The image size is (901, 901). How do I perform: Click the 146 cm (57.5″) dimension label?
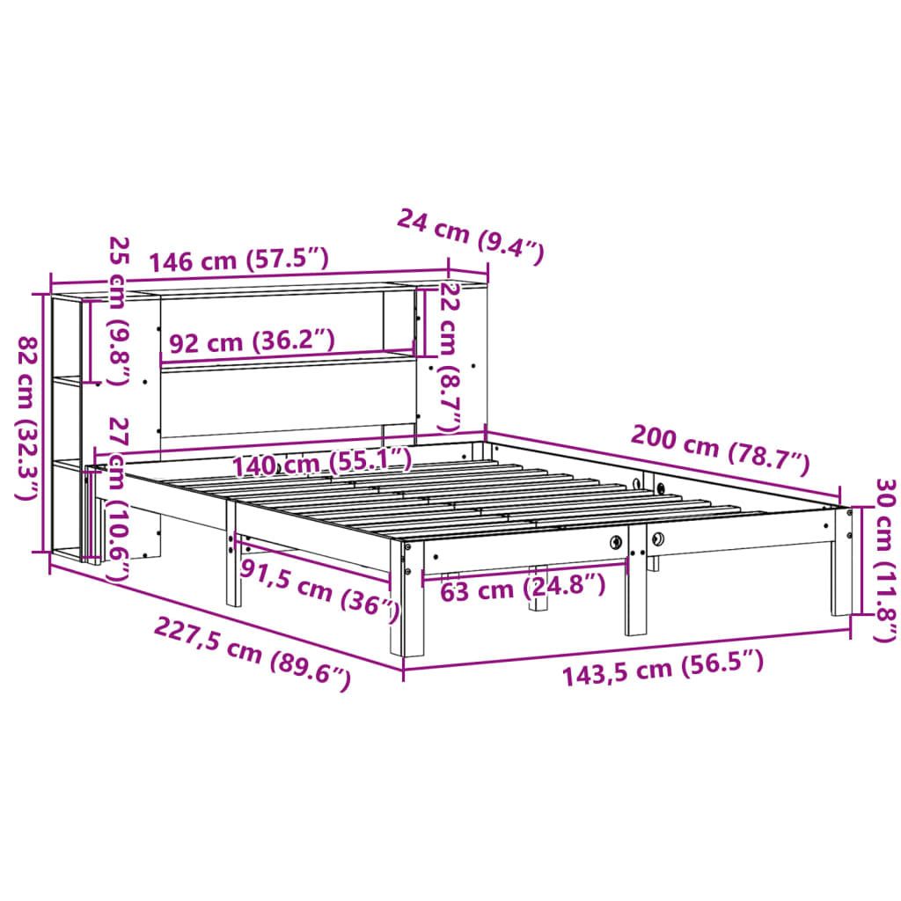[238, 260]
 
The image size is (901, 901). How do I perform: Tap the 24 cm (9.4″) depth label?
[471, 236]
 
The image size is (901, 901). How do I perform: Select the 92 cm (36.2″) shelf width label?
[252, 342]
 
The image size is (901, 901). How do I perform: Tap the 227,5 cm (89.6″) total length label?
[253, 653]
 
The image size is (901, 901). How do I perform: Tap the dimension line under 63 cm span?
[525, 569]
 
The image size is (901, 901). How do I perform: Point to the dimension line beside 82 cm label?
[44, 422]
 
